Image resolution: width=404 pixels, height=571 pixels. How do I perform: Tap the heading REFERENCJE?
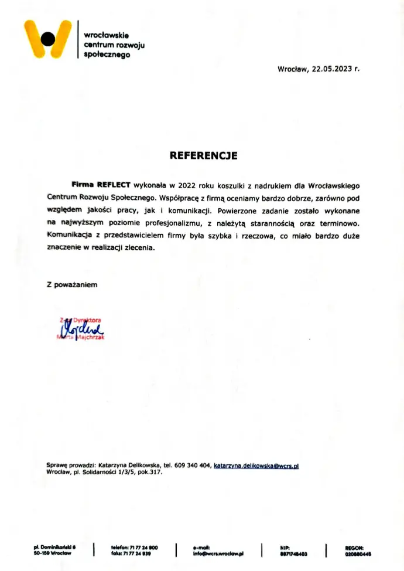pyautogui.click(x=203, y=156)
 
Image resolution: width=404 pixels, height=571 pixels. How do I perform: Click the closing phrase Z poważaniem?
pyautogui.click(x=72, y=284)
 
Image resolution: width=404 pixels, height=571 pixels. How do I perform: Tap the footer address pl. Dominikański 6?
pyautogui.click(x=55, y=547)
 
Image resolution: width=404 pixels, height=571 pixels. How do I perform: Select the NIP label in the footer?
pyautogui.click(x=285, y=547)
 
